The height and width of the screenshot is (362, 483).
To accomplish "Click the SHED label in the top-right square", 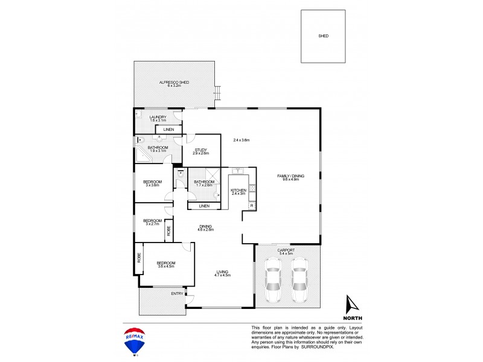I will click(x=324, y=36).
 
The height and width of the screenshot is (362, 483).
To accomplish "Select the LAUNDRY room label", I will click(x=158, y=118).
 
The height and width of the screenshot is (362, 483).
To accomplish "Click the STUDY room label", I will click(x=200, y=151).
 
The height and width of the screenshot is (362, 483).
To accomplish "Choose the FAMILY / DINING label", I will click(x=291, y=177).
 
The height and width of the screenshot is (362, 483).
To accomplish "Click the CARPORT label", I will click(x=286, y=250).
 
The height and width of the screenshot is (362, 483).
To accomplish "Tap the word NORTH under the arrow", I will click(x=352, y=317).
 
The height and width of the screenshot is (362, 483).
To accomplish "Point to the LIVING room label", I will click(x=223, y=273).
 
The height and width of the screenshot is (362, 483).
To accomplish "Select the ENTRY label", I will click(x=177, y=294).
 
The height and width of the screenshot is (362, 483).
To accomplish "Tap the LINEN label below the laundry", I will click(x=169, y=130).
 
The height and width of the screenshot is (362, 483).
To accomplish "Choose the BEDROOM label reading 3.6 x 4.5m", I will click(x=165, y=264).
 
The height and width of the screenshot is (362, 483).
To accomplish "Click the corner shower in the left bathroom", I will click(x=143, y=156).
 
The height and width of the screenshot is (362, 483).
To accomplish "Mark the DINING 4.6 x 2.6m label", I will click(x=205, y=227).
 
